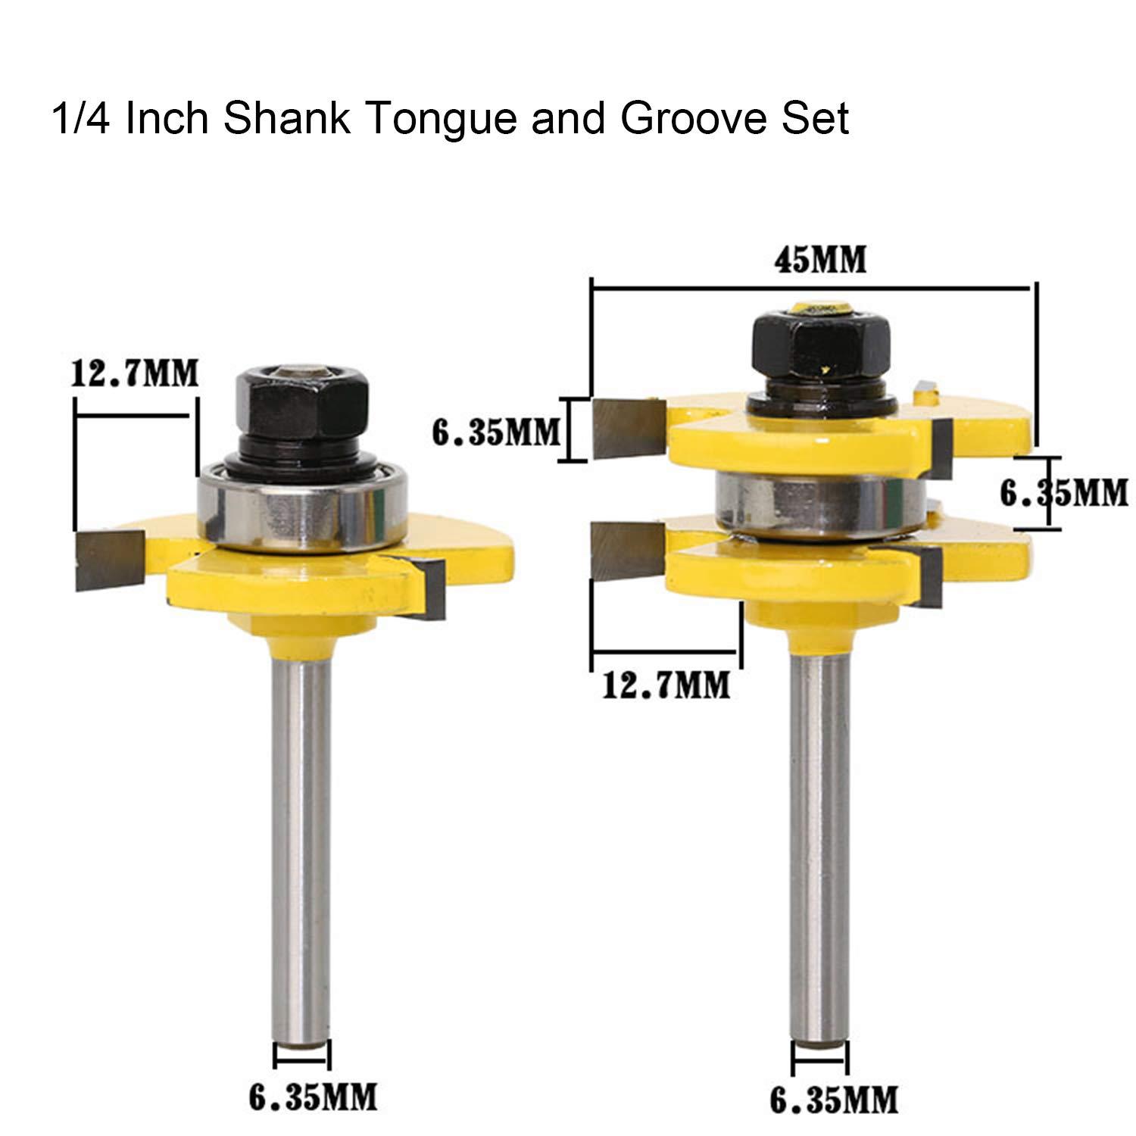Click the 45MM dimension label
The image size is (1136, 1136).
[x=819, y=260]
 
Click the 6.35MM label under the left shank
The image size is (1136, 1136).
[x=313, y=1095]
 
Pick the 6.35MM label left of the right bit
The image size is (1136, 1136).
[x=496, y=432]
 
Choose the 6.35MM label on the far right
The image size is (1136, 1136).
[x=1064, y=493]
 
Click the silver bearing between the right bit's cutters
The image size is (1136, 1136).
[x=819, y=503]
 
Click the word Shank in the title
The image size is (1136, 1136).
[x=287, y=119]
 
